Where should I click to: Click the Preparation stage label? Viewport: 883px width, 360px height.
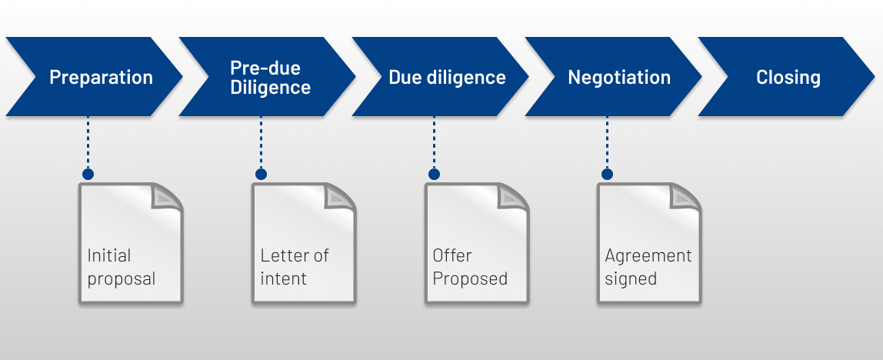[101, 78]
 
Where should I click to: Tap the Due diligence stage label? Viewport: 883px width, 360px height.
[447, 78]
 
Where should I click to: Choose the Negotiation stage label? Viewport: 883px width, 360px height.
[619, 78]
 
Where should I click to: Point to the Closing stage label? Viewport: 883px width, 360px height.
[788, 78]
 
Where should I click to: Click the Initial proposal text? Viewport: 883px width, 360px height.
[120, 267]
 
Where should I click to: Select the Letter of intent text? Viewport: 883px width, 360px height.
[295, 267]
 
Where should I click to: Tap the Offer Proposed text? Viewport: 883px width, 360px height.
[470, 267]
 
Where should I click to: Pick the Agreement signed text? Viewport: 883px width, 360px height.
[648, 267]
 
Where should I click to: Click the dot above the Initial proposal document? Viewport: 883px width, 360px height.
[88, 175]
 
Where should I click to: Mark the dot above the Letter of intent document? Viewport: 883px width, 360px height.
[261, 175]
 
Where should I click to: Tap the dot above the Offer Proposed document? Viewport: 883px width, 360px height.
[434, 175]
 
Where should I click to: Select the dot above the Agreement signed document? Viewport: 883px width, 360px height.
[607, 175]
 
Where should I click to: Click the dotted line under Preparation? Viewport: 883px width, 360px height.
[88, 143]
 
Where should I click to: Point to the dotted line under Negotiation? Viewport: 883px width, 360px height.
[607, 143]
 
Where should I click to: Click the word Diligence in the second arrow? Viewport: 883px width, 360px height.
[270, 87]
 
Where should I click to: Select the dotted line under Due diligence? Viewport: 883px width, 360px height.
[434, 143]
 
